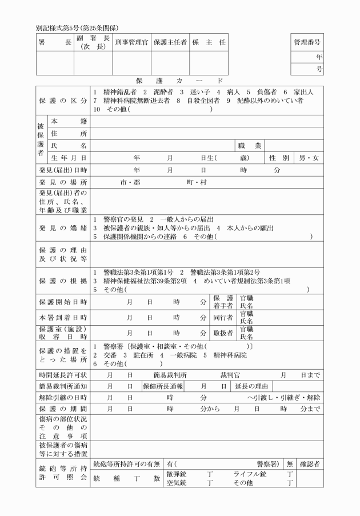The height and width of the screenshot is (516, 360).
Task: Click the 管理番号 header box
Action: click(307, 42)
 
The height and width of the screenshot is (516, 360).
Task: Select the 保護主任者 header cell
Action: click(170, 42)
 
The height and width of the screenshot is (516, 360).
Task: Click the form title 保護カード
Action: click(179, 81)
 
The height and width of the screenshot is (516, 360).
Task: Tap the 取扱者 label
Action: click(223, 332)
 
